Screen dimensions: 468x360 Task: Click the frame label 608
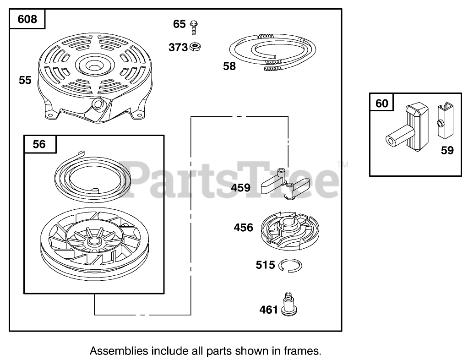[x=27, y=20]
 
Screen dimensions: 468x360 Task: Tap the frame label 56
[x=39, y=144]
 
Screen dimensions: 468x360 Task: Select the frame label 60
[x=381, y=104]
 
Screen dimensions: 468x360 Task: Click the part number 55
[x=25, y=80]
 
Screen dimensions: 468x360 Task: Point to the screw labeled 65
[x=193, y=25]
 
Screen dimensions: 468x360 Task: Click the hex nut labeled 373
[x=195, y=46]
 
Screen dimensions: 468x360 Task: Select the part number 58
[x=229, y=66]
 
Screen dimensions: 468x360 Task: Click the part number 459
[x=241, y=187]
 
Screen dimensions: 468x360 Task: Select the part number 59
[x=447, y=150]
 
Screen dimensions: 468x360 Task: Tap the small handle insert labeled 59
[x=443, y=121]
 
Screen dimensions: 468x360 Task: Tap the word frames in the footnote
[x=302, y=351]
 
